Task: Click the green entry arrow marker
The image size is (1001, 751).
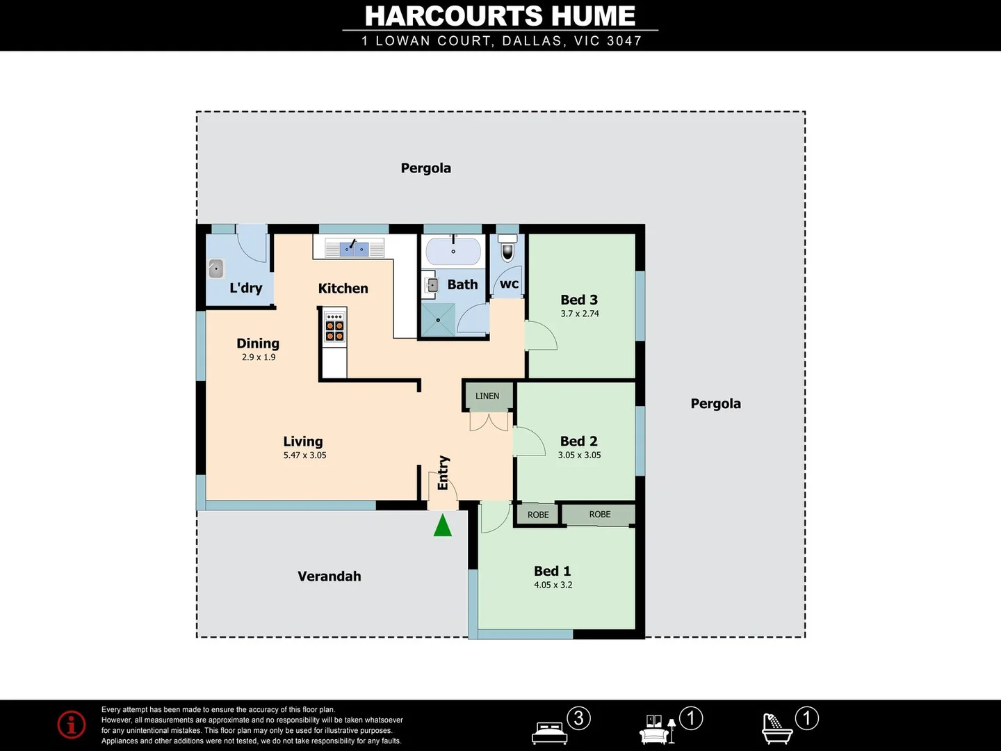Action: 443,526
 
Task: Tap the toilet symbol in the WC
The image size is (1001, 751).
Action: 508,247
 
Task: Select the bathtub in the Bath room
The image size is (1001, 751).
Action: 453,252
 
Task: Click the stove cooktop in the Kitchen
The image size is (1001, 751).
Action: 334,326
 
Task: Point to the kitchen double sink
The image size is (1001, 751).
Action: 355,248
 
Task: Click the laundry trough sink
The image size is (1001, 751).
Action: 216,268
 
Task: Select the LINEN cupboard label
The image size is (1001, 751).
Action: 487,396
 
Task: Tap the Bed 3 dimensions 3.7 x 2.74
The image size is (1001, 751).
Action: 580,314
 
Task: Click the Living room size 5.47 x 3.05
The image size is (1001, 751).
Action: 304,455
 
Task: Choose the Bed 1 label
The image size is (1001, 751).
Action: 552,571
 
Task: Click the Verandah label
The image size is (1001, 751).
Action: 329,576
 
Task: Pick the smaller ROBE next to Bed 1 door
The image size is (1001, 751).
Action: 538,515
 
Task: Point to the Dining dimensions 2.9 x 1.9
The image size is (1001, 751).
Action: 259,357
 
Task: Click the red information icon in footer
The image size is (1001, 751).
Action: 72,725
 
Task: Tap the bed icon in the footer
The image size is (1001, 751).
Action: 549,732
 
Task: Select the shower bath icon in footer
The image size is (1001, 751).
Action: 777,728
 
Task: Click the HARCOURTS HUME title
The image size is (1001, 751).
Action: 500,16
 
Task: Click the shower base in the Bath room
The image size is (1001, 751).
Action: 438,320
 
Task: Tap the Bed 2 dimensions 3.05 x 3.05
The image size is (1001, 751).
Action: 579,455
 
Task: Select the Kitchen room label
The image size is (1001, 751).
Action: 343,289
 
